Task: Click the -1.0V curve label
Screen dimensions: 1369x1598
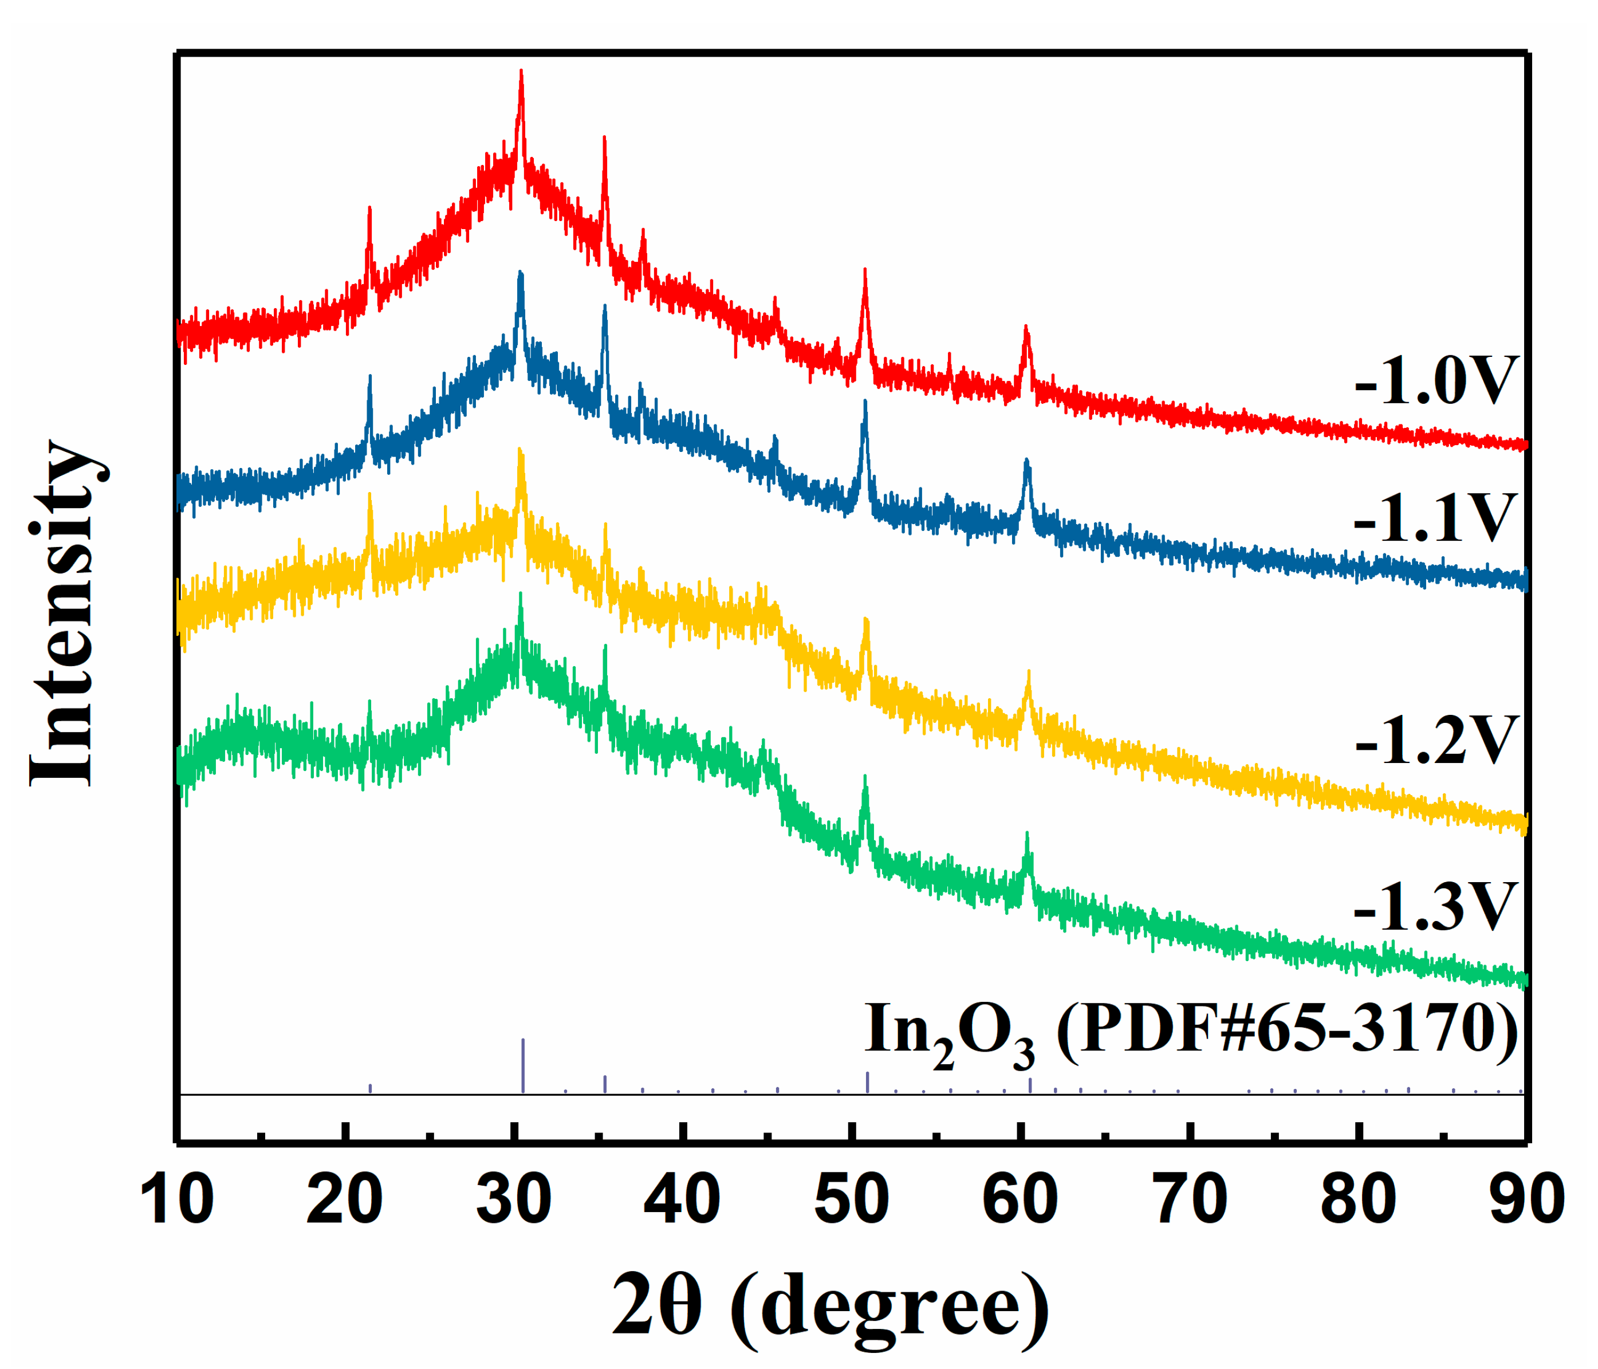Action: pos(1435,380)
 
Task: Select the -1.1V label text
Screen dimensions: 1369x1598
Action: pos(1435,518)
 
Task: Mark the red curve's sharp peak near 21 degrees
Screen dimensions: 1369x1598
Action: pos(369,209)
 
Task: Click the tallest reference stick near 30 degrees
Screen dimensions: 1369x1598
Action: pos(523,1065)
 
